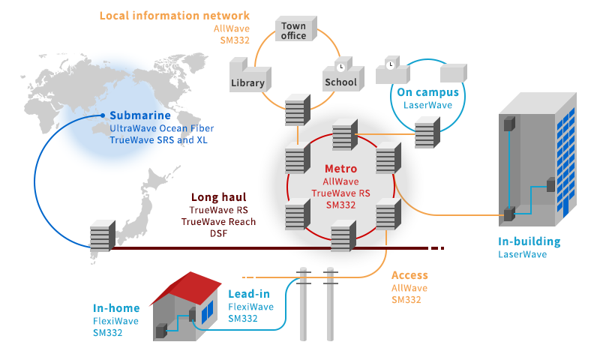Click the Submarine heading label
click(x=140, y=115)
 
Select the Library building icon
click(x=248, y=79)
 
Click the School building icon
click(x=340, y=78)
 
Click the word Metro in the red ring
click(x=341, y=169)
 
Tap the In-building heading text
click(x=529, y=241)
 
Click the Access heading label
click(x=409, y=275)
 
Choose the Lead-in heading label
click(x=248, y=294)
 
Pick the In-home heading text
click(x=116, y=307)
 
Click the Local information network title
click(x=175, y=16)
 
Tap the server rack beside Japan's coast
click(x=101, y=235)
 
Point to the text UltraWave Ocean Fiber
click(x=161, y=128)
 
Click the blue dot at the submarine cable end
click(x=103, y=115)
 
